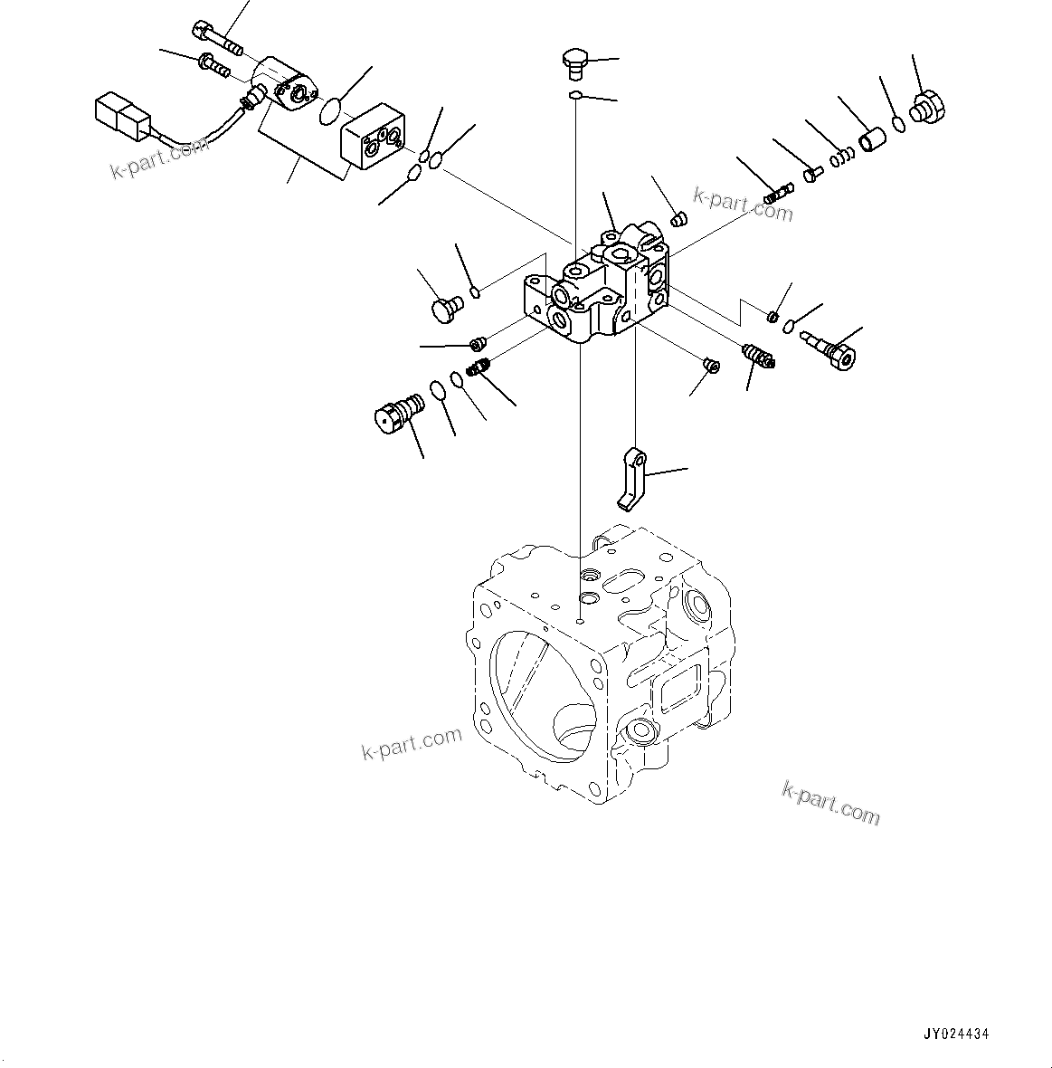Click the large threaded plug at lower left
coord(399,413)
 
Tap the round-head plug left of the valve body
coord(443,310)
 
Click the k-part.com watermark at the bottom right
coord(830,803)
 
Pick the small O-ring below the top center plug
coord(574,94)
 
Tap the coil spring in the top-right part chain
coord(843,156)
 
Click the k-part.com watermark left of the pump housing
coord(412,744)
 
